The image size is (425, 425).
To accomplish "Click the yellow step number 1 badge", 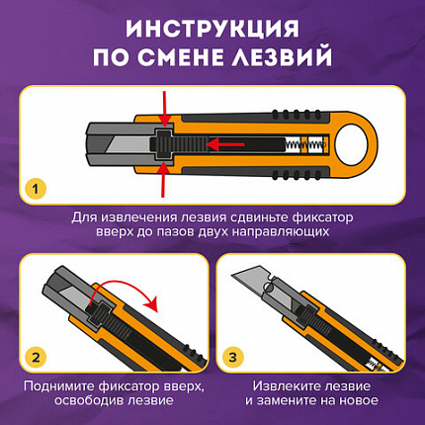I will coord(37,187).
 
